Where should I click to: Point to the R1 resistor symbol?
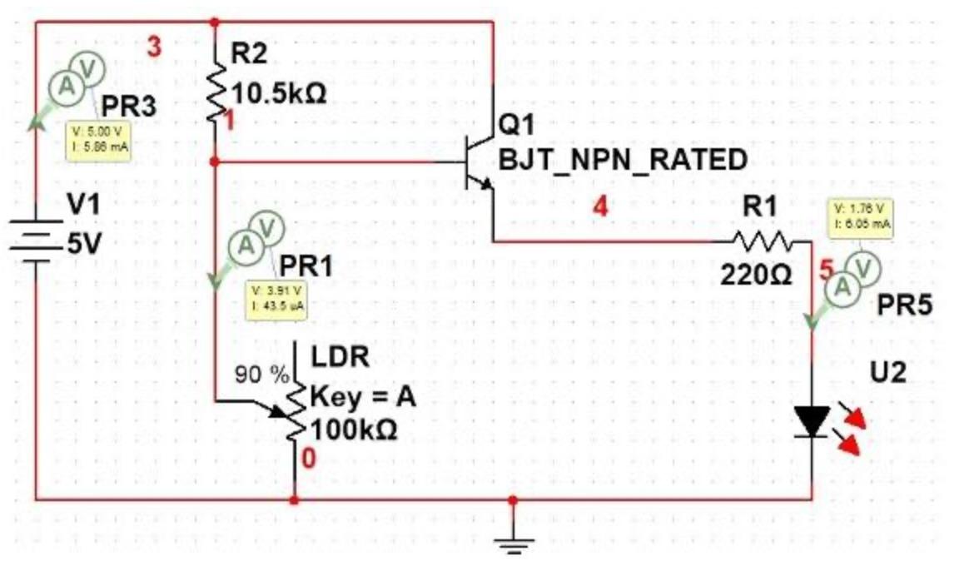pyautogui.click(x=765, y=241)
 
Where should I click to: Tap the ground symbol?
pyautogui.click(x=513, y=541)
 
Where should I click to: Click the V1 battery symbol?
pyautogui.click(x=35, y=237)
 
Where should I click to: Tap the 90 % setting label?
pyautogui.click(x=260, y=373)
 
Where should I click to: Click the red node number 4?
pyautogui.click(x=600, y=206)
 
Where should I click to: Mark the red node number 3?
pyautogui.click(x=154, y=47)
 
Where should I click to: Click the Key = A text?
pyautogui.click(x=362, y=397)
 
